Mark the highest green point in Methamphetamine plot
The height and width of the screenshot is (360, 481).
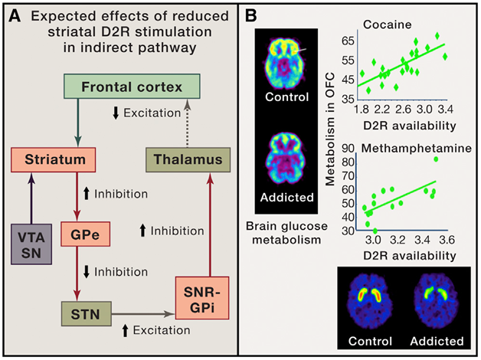(x=436, y=159)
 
